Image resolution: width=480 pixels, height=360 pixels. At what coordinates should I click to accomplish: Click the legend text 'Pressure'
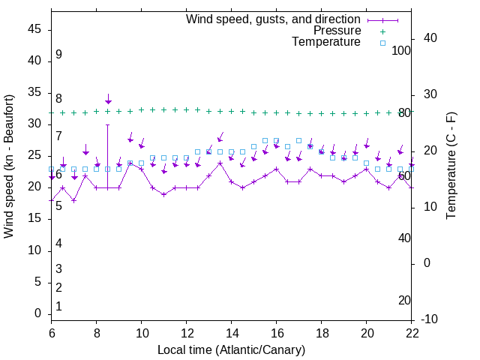click(x=337, y=31)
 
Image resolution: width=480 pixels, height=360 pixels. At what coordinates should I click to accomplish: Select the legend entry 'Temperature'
click(x=326, y=42)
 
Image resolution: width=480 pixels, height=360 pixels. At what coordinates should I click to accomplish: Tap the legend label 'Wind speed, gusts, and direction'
click(x=274, y=19)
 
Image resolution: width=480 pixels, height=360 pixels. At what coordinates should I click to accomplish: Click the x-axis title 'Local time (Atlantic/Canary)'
click(x=231, y=350)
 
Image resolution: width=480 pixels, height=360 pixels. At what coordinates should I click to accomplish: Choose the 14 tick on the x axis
click(x=231, y=334)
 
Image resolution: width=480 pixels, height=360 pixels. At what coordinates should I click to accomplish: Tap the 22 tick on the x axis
click(x=411, y=334)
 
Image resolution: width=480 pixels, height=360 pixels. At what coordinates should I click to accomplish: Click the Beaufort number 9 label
click(x=58, y=55)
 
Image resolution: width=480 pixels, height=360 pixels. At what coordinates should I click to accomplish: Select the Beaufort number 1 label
click(x=58, y=307)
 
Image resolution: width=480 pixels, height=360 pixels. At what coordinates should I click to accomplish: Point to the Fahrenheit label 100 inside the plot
click(x=402, y=50)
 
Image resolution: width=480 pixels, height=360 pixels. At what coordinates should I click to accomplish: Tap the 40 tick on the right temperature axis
click(x=430, y=38)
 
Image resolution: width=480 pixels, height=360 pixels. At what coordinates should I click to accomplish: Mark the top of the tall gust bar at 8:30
click(x=108, y=124)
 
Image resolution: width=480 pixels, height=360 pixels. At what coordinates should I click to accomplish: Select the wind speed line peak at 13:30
click(x=220, y=163)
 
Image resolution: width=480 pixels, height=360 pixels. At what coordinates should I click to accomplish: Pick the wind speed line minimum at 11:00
click(x=163, y=194)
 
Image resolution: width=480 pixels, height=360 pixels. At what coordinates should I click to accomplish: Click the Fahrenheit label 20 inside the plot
click(x=404, y=300)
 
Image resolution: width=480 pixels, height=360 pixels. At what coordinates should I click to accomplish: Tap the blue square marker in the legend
click(x=382, y=43)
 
